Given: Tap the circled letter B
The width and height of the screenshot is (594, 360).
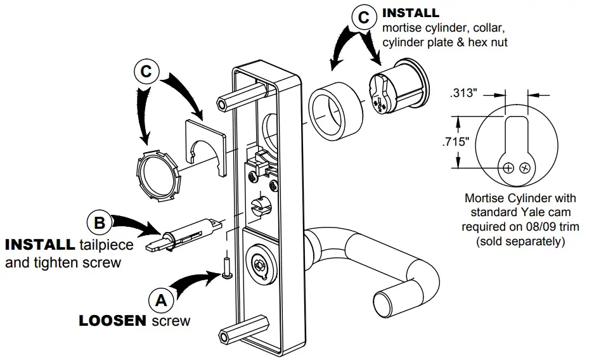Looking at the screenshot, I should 99,223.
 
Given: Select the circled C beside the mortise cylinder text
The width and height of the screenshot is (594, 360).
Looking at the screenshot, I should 363,17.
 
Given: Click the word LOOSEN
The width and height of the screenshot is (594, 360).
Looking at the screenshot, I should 113,321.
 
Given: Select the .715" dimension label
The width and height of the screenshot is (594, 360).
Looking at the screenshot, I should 455,142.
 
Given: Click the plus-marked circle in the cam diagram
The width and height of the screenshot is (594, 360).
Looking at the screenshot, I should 508,168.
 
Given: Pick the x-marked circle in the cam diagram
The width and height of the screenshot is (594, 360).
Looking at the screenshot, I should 524,168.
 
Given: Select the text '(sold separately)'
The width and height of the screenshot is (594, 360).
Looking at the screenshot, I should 520,241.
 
